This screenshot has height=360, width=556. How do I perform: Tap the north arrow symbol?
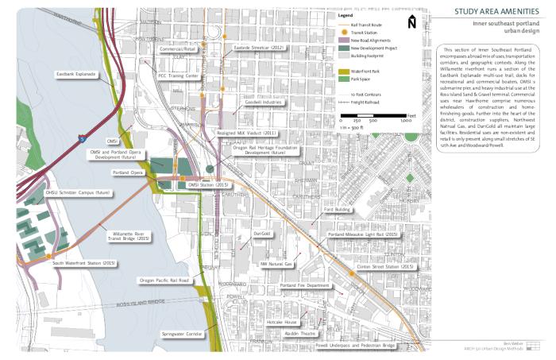coord(411,21)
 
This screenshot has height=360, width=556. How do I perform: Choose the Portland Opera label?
coord(126,172)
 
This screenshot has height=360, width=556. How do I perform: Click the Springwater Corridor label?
coord(183,334)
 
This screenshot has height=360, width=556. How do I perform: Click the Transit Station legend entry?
coord(364,33)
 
